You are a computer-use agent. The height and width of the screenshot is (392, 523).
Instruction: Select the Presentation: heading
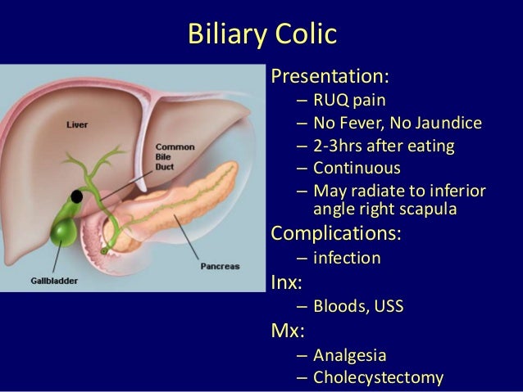[x=330, y=77]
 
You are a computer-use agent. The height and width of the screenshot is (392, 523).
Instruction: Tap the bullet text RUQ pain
[x=349, y=102]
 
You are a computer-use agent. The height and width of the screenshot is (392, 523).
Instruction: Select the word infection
[x=347, y=258]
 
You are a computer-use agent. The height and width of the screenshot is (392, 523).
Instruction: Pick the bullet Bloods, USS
[x=358, y=308]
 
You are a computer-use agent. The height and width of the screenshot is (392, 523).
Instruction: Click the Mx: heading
[x=285, y=332]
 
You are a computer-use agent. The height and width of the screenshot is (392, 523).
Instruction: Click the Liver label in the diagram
[x=78, y=125]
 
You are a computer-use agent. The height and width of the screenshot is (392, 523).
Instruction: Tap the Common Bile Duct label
[x=175, y=155]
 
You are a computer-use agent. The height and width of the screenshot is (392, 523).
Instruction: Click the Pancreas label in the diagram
[x=221, y=266]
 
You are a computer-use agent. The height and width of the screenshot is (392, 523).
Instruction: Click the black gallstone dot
[x=77, y=197]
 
